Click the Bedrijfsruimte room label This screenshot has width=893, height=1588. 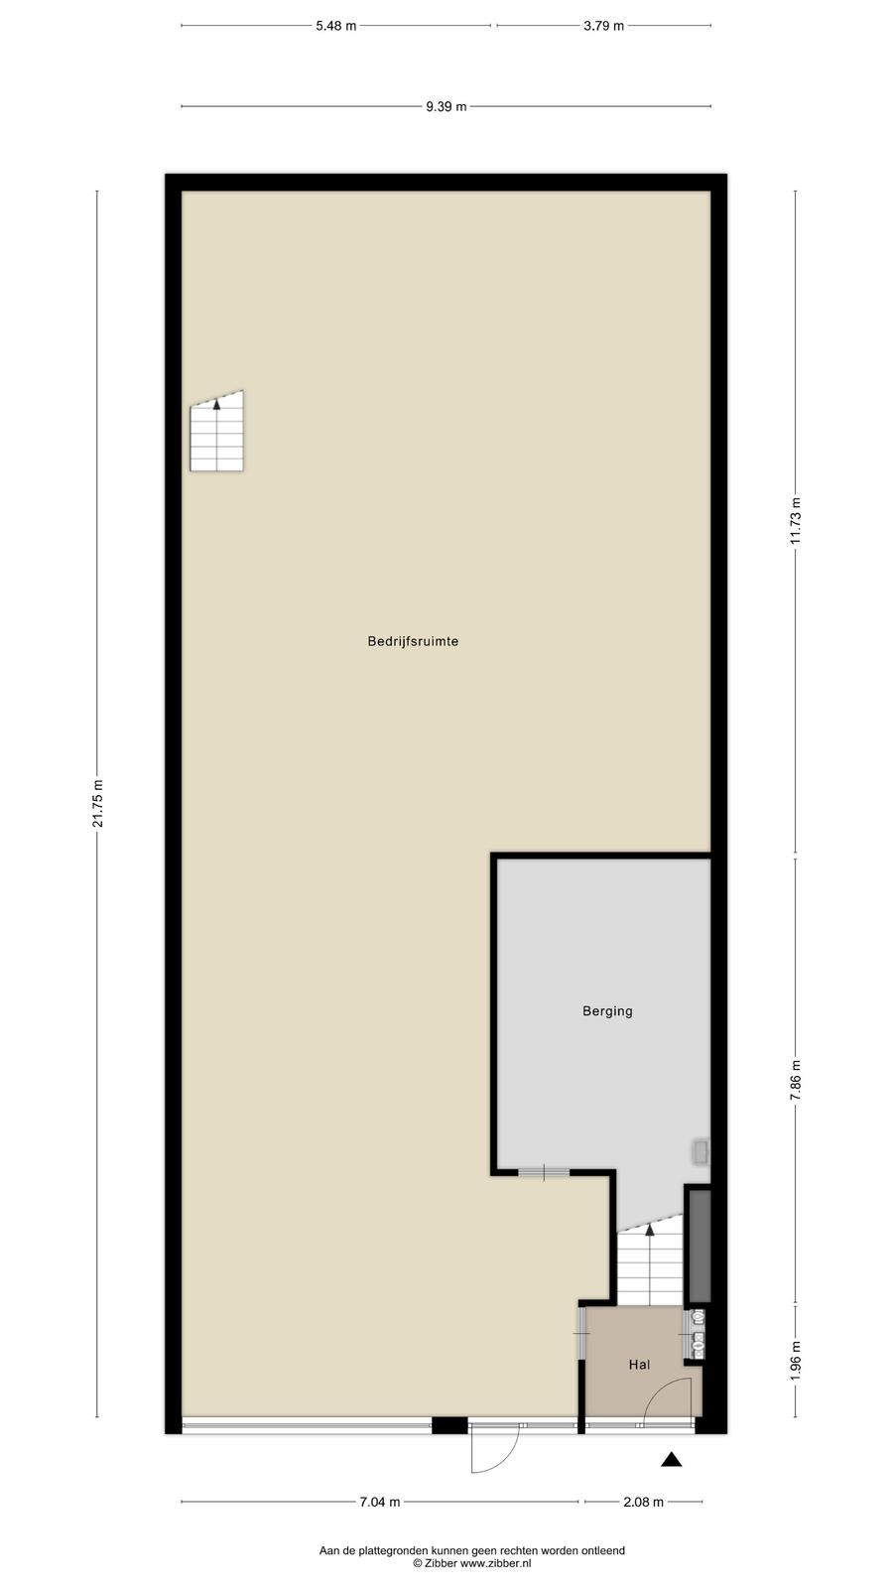tap(413, 641)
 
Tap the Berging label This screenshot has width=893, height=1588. tap(607, 1011)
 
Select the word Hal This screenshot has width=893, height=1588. tap(639, 1365)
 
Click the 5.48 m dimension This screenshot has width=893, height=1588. tap(336, 26)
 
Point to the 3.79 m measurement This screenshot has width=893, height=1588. tap(604, 26)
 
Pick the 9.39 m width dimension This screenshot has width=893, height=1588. tap(446, 107)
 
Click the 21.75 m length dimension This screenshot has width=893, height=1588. tap(98, 804)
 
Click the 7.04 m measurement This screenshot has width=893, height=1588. tap(380, 1502)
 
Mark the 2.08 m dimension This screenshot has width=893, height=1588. tap(644, 1502)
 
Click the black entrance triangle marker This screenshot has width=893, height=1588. tap(672, 1460)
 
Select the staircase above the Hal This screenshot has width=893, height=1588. tap(649, 1261)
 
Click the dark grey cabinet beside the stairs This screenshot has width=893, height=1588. tap(700, 1246)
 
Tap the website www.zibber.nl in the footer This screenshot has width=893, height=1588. tap(495, 1563)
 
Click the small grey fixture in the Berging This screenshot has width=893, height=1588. tap(701, 1152)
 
